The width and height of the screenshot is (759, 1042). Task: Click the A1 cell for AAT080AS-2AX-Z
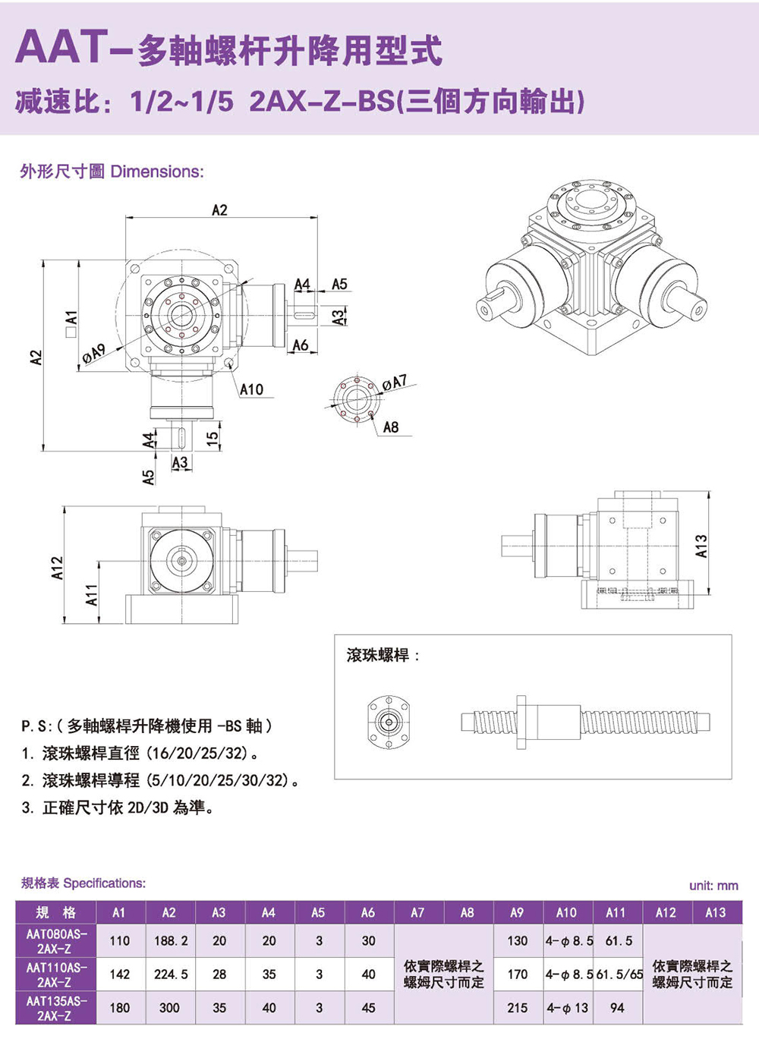click(x=120, y=941)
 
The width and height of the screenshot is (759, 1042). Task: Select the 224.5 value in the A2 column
click(x=170, y=974)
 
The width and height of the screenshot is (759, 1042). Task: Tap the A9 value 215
click(x=518, y=1008)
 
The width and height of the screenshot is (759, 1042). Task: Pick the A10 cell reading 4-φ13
click(x=567, y=1008)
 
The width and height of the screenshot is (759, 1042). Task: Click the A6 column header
click(x=368, y=912)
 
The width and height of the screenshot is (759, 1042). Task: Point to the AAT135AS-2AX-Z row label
click(x=56, y=1008)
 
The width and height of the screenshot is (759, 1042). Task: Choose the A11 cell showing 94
click(x=617, y=1008)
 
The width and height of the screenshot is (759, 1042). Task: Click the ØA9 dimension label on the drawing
click(x=94, y=351)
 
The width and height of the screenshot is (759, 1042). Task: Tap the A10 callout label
click(x=251, y=389)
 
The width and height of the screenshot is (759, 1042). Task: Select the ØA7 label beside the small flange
click(x=395, y=382)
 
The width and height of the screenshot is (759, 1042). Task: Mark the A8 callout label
click(x=391, y=427)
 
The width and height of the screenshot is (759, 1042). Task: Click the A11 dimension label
click(x=92, y=594)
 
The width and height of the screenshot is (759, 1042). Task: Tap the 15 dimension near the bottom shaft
click(x=213, y=436)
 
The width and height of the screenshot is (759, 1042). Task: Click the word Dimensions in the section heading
click(x=157, y=172)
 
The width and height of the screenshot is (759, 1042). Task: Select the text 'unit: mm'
click(x=713, y=885)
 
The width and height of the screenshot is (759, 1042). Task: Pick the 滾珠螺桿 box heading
click(x=377, y=655)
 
